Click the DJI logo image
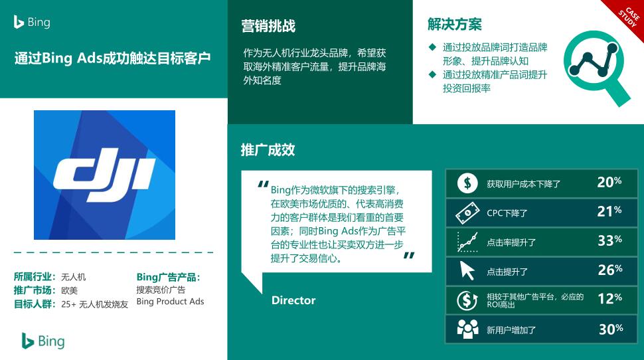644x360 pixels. point(104,175)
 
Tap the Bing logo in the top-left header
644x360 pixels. point(32,22)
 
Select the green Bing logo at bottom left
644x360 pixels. point(43,341)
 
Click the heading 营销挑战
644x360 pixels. point(268,26)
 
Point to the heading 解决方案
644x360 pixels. point(454,25)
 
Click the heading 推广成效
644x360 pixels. point(268,149)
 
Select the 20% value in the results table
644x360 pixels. point(609,182)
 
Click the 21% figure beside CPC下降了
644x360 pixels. point(609,211)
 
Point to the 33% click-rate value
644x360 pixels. point(609,240)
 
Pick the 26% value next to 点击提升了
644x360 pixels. point(610,270)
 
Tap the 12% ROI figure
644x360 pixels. point(610,299)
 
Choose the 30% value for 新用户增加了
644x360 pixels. point(611,329)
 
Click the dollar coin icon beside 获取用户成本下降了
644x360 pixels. point(467,183)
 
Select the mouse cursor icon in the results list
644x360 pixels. point(467,270)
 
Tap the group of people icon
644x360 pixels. point(468,329)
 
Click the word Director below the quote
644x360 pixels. point(293,300)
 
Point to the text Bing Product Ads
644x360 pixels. point(170,302)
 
